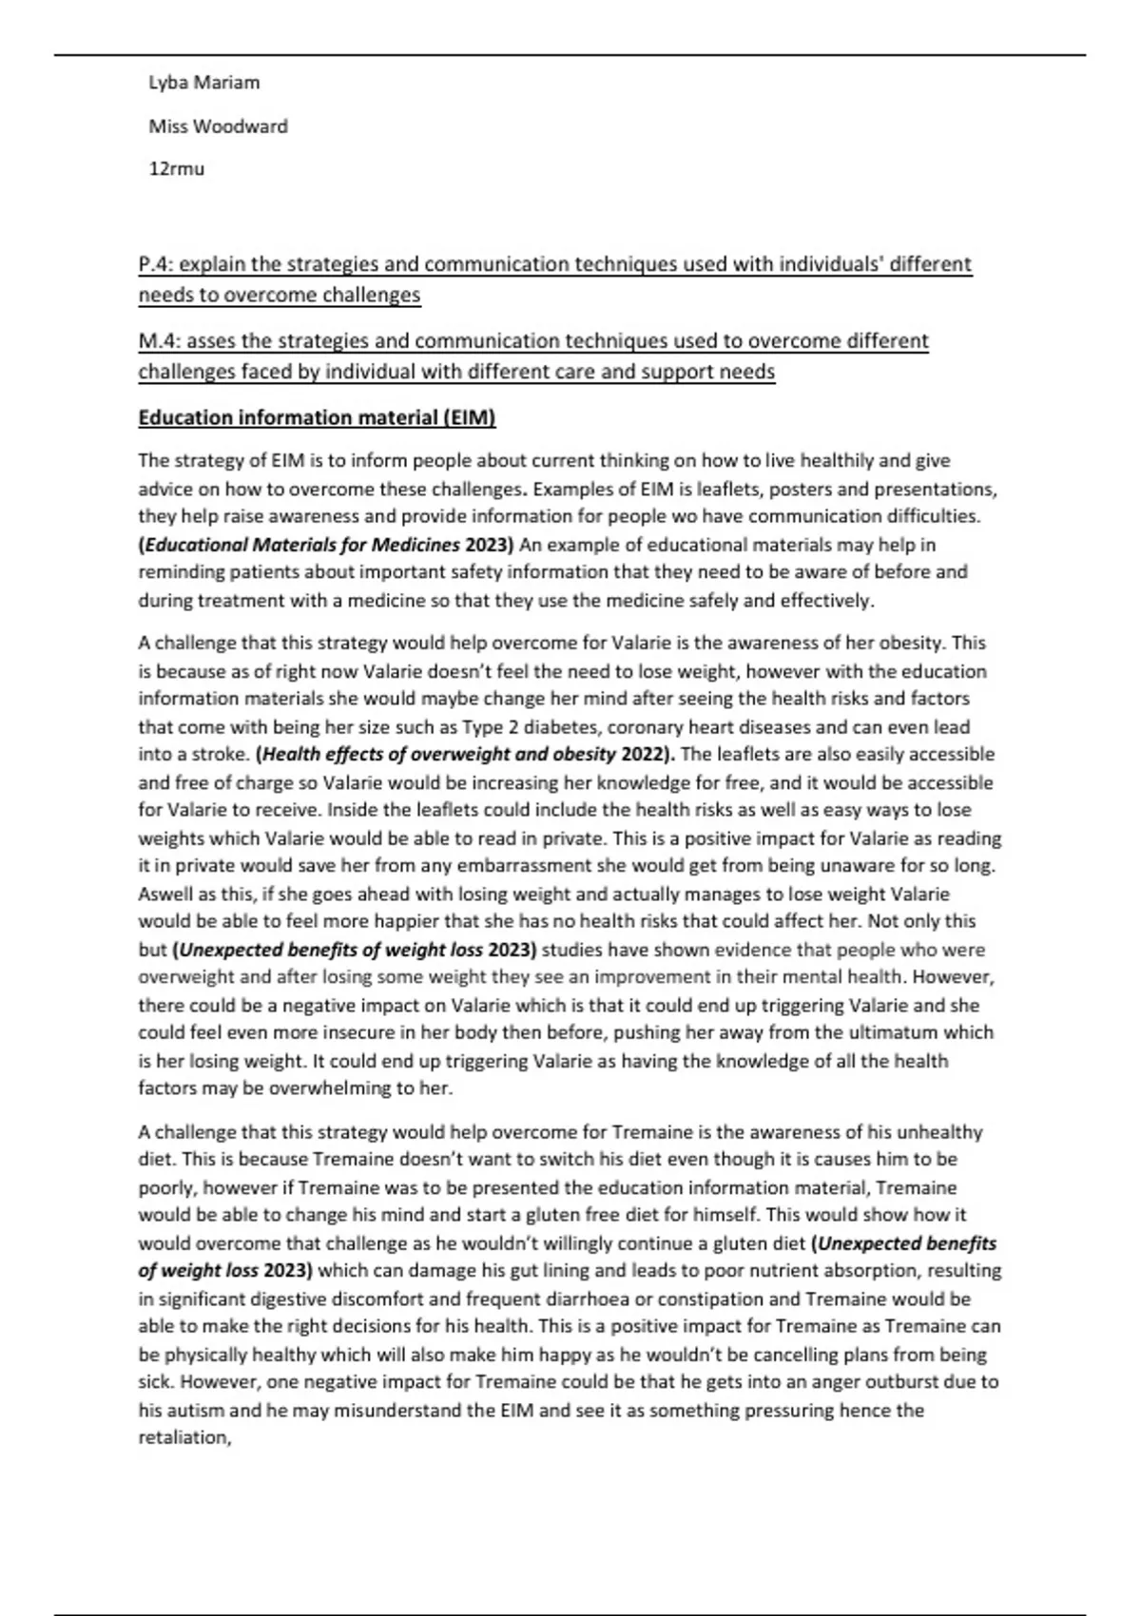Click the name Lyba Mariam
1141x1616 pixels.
[x=203, y=83]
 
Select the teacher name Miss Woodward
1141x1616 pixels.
[x=218, y=126]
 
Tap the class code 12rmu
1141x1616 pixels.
[x=176, y=169]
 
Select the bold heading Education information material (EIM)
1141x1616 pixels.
[x=317, y=418]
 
